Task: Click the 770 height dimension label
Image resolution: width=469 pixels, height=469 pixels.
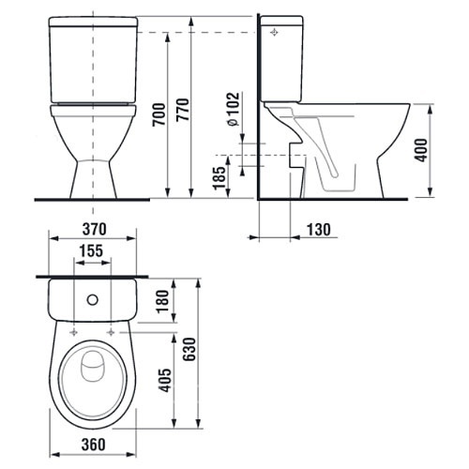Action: (x=183, y=110)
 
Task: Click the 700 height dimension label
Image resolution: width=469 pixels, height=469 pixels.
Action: (x=159, y=114)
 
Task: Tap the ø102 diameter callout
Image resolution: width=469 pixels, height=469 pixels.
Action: (x=234, y=109)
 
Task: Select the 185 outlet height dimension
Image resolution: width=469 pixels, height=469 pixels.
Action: (x=219, y=178)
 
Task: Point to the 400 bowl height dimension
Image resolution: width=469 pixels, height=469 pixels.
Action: (x=421, y=150)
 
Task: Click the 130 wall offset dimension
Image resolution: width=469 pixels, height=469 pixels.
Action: (x=319, y=230)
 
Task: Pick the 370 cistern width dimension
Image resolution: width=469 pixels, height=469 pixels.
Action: (x=95, y=229)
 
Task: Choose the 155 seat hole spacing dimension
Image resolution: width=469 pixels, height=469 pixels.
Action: (x=91, y=250)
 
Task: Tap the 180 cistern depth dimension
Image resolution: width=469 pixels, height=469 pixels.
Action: (x=162, y=301)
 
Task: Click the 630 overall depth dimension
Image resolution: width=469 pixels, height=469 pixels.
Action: (x=189, y=349)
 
